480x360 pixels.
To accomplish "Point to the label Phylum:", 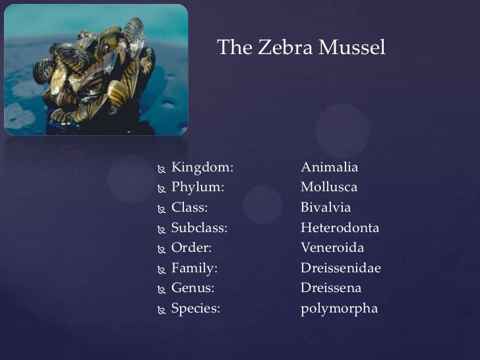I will (198, 188).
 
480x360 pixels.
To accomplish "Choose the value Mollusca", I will (329, 188).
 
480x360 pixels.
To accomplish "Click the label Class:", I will (189, 208).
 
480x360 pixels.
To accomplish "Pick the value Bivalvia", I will (326, 208).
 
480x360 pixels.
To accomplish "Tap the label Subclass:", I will (199, 228).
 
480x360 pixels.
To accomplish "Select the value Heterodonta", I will (340, 228).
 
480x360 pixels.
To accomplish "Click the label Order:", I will (191, 248).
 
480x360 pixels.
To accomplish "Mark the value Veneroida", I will (332, 248).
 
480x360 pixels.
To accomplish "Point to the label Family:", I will (195, 268).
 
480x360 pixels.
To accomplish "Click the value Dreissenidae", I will (341, 268).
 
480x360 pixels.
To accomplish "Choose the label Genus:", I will (193, 288).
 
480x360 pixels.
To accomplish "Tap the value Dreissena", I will (331, 288).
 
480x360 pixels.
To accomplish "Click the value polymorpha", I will (339, 309).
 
